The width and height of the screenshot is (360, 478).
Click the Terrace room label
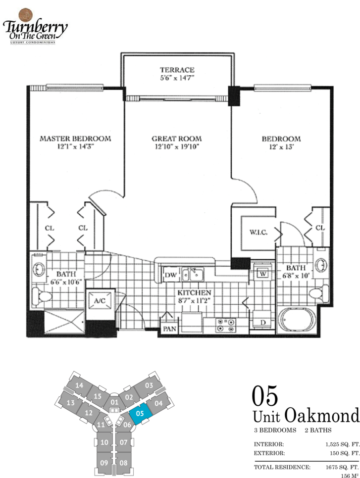(177, 70)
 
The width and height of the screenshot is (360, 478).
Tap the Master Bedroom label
(75, 139)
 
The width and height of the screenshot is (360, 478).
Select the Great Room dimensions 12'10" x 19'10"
(177, 146)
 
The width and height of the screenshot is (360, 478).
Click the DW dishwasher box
(170, 275)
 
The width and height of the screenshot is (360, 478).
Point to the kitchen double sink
(193, 274)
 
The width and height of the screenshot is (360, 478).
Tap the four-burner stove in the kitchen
(226, 325)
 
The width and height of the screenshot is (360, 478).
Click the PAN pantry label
(170, 329)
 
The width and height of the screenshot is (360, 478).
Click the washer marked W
(262, 274)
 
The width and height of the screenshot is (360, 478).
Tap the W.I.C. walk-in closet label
(258, 232)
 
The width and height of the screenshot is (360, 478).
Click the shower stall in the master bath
(64, 322)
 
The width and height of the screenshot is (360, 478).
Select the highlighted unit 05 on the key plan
(140, 413)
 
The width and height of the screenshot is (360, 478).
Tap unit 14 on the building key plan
(79, 385)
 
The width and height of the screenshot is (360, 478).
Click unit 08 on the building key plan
(124, 463)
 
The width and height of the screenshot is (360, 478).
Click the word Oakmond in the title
(322, 416)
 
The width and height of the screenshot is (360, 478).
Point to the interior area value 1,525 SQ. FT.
(343, 444)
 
